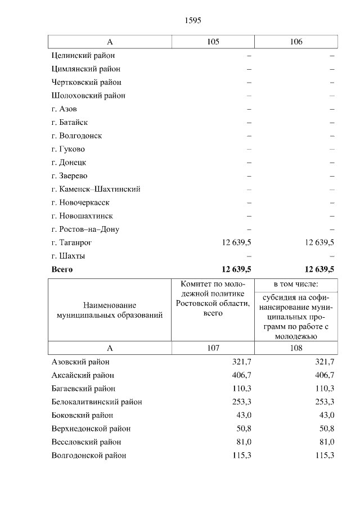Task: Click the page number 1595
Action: click(x=192, y=20)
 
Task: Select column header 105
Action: click(x=213, y=42)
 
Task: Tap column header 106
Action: click(x=296, y=42)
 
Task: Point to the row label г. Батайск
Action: click(x=69, y=122)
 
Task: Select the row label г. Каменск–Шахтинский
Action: click(x=95, y=189)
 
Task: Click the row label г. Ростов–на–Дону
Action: click(x=85, y=229)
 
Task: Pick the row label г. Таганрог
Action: click(x=71, y=242)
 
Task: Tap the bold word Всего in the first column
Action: click(x=62, y=269)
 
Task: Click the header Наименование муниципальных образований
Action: click(x=110, y=310)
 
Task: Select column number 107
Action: click(x=213, y=348)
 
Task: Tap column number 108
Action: click(x=296, y=348)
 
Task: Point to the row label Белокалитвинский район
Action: click(x=96, y=402)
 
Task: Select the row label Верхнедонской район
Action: click(x=91, y=429)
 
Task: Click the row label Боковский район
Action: click(x=82, y=415)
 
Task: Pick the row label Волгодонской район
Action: click(x=88, y=456)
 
